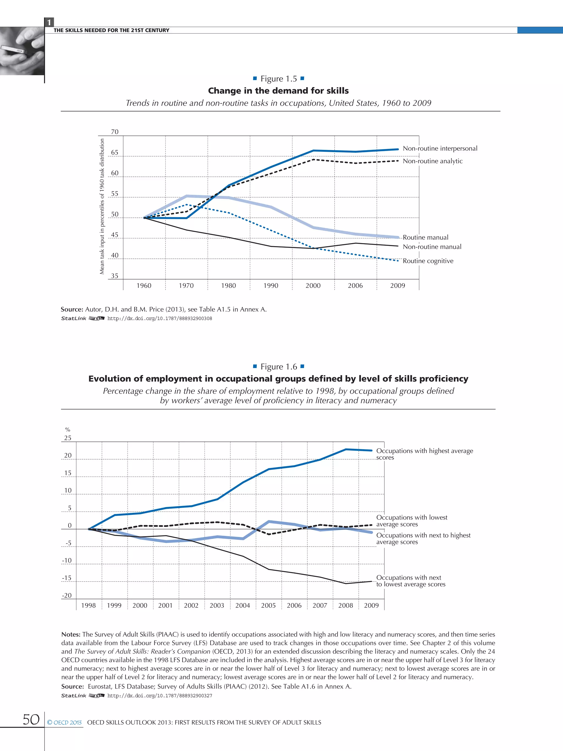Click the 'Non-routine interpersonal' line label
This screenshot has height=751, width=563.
click(440, 148)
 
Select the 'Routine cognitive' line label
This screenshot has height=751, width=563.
click(428, 261)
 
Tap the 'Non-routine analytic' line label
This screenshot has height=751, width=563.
click(432, 161)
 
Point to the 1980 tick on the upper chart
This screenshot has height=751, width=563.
click(228, 285)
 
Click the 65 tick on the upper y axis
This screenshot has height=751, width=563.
click(115, 152)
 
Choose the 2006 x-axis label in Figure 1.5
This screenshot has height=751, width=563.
click(355, 285)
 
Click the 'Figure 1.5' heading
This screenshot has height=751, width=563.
click(279, 79)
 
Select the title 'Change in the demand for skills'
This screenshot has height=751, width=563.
click(278, 91)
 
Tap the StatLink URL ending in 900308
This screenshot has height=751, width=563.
click(159, 318)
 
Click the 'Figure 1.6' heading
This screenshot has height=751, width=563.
click(279, 367)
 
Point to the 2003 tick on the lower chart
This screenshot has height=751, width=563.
click(217, 605)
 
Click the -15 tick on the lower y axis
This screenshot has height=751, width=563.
click(67, 578)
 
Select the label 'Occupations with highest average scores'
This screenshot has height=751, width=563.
click(424, 454)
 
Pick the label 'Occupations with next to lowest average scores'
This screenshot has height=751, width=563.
click(411, 581)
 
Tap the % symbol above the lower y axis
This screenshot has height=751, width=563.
click(68, 430)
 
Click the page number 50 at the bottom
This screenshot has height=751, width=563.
click(31, 719)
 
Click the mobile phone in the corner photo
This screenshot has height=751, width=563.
click(13, 49)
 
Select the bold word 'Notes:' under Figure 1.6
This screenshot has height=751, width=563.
click(71, 634)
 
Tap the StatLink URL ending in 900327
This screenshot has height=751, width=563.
click(159, 696)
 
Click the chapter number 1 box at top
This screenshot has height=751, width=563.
click(49, 22)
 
